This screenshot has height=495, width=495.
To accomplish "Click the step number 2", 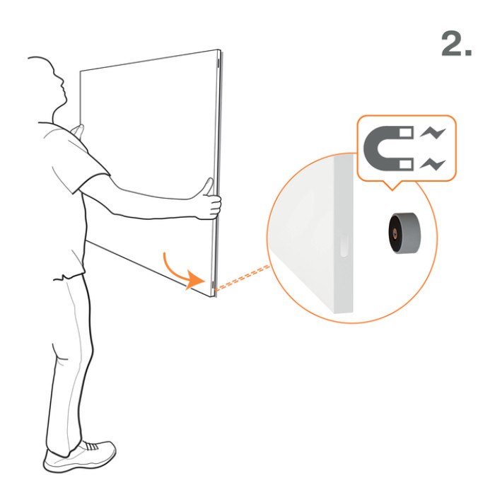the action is click(x=457, y=44).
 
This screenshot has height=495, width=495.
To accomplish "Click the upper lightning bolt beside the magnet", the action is click(x=433, y=133).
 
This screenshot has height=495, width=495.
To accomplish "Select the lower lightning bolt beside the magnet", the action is click(x=433, y=164).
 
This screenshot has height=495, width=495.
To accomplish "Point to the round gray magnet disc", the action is click(x=404, y=233).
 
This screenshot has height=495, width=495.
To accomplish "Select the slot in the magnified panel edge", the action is click(x=344, y=245).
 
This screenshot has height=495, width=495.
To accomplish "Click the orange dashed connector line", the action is click(x=243, y=278).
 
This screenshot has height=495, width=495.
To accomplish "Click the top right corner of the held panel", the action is click(x=219, y=49).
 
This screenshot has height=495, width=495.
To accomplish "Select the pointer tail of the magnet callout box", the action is click(x=392, y=185).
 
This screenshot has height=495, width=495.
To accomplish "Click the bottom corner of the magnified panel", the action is click(x=334, y=313).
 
